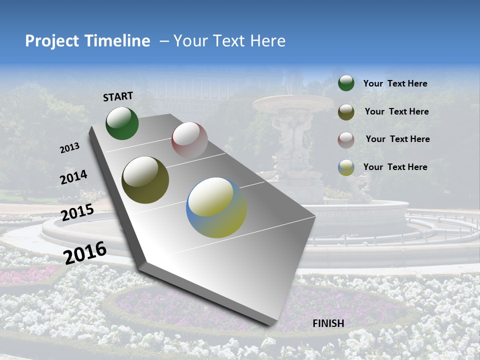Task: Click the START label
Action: click(118, 96)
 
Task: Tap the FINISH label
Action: click(328, 323)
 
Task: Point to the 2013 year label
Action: click(70, 148)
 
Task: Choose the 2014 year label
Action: click(74, 177)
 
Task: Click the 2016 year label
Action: click(85, 252)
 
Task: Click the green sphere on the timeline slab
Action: click(122, 123)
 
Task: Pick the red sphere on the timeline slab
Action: click(189, 140)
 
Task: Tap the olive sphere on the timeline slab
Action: click(145, 180)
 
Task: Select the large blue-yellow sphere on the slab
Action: click(216, 207)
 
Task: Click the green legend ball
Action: click(346, 83)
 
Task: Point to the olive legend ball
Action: click(346, 112)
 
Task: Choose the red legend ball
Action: click(346, 140)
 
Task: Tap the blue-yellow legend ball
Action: click(346, 167)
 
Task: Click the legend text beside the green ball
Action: click(395, 83)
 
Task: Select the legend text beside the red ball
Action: click(397, 139)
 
